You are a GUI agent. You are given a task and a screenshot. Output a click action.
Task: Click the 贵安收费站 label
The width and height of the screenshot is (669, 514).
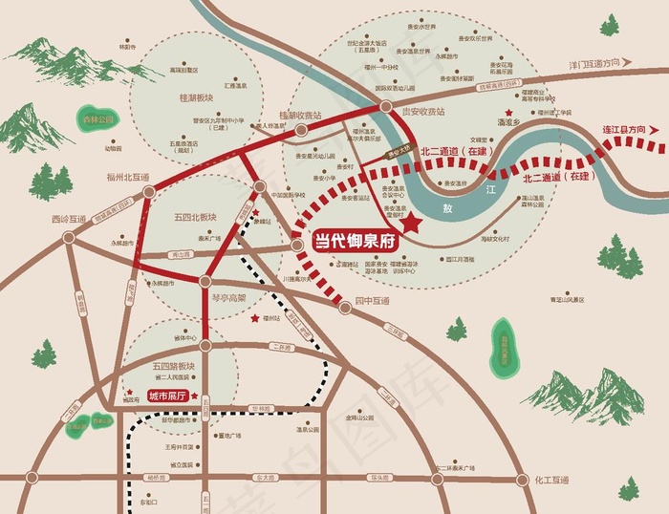[422, 112]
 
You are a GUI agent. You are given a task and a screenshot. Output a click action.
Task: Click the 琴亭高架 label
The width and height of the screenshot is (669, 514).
[228, 297]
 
